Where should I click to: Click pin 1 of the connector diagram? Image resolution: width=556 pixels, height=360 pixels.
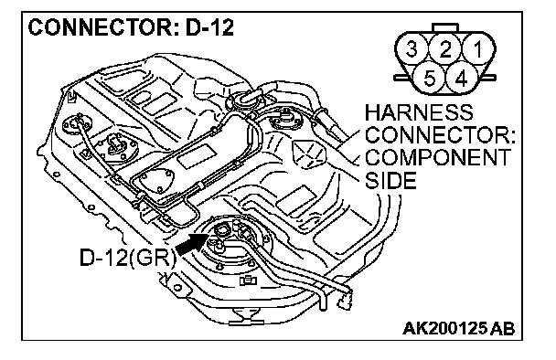pyautogui.click(x=478, y=48)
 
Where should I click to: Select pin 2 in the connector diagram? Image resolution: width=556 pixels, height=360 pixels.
pyautogui.click(x=445, y=48)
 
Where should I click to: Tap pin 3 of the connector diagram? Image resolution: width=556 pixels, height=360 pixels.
pyautogui.click(x=412, y=48)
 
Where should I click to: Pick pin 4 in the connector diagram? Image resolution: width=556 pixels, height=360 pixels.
pyautogui.click(x=461, y=78)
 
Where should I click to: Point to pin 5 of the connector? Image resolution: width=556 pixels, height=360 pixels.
pyautogui.click(x=429, y=78)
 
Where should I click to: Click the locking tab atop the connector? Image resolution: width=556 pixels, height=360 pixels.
pyautogui.click(x=445, y=27)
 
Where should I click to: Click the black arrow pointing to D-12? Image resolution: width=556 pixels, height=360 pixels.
pyautogui.click(x=190, y=244)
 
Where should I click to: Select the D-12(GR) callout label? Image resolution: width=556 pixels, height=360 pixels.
pyautogui.click(x=127, y=258)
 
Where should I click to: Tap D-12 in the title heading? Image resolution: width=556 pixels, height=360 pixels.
pyautogui.click(x=209, y=27)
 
